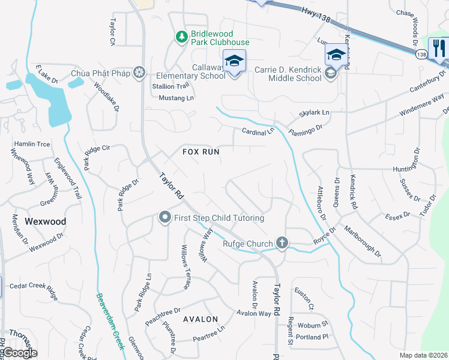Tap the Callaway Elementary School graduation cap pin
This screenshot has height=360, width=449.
[234, 61]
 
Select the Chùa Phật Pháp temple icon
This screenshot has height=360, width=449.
[139, 73]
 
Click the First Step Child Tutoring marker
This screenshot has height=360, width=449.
[164, 217]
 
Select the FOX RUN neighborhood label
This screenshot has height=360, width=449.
[201, 152]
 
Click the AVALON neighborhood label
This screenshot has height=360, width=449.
[200, 319]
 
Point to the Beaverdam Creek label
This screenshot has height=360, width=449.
[109, 322]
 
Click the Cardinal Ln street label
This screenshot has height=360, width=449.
[258, 131]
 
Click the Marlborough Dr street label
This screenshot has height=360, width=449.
[363, 241]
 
